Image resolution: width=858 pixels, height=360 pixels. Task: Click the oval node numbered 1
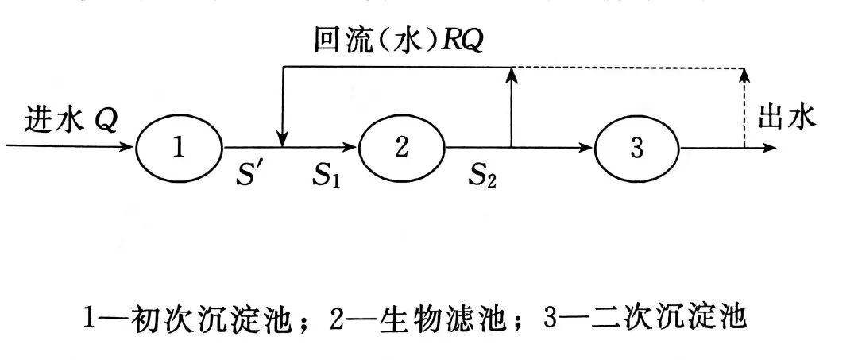(179, 148)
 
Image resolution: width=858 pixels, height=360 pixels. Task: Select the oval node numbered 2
(402, 148)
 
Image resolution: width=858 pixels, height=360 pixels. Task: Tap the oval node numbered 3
(636, 149)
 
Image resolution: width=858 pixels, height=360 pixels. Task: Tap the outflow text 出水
(786, 118)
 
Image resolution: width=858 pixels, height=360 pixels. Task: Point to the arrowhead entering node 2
(350, 148)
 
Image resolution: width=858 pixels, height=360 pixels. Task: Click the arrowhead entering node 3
(587, 148)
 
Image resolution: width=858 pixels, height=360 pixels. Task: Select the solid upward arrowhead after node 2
(512, 75)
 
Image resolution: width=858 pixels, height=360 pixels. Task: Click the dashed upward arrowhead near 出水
(744, 75)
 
